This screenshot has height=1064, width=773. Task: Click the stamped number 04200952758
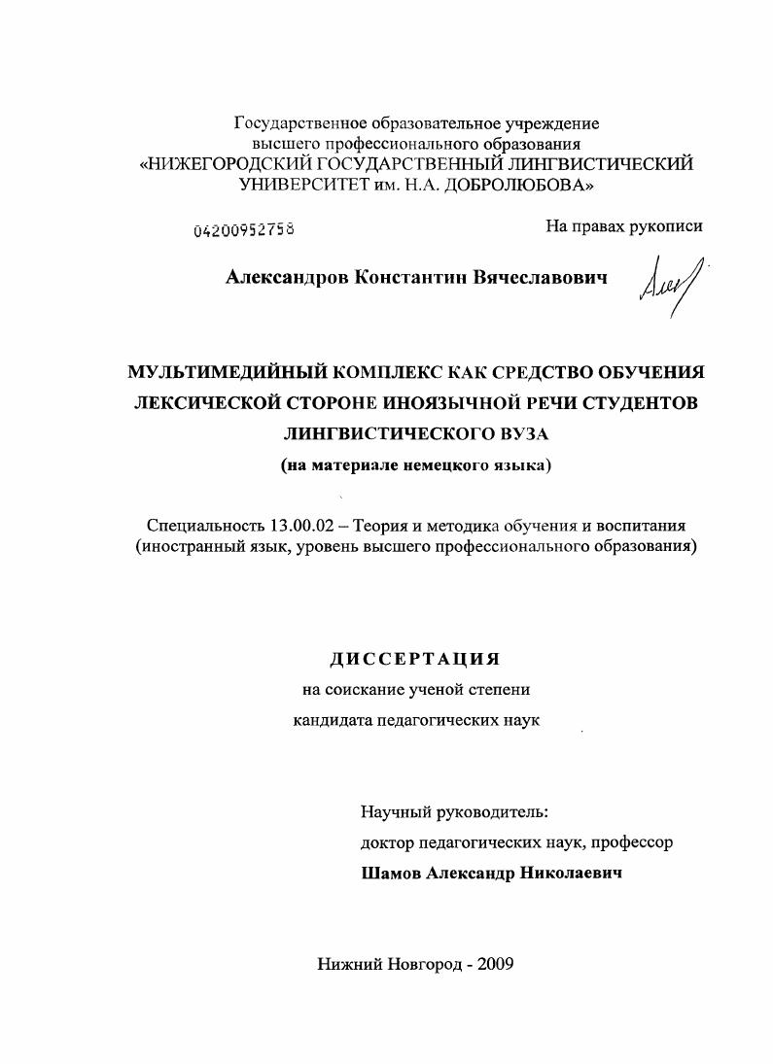click(x=244, y=230)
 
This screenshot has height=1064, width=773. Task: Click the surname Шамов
click(x=392, y=873)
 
